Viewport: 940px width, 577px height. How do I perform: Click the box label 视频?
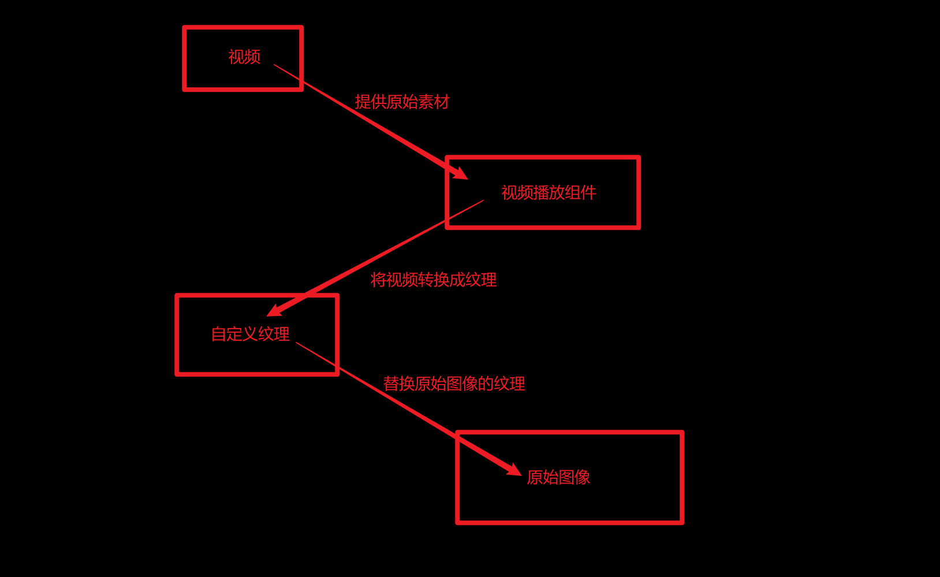pos(244,57)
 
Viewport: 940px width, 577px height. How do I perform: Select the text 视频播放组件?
pos(549,192)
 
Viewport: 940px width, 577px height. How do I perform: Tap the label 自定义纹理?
pos(250,334)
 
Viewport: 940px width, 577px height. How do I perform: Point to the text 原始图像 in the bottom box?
pos(558,477)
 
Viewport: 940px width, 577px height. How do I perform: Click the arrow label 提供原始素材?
pos(402,102)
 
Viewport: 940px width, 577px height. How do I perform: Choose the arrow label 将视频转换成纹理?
pos(433,280)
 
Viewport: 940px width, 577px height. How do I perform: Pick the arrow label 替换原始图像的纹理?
pos(454,384)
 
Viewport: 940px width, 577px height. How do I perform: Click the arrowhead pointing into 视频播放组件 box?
pos(461,173)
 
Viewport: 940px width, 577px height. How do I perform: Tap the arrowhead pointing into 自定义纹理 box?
pos(273,311)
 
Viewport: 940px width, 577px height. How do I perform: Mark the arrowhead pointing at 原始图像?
pos(514,470)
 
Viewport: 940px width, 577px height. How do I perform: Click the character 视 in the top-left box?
pos(236,57)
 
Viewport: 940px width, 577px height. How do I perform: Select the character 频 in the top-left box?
pos(252,57)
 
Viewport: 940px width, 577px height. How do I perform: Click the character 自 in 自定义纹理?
pos(219,334)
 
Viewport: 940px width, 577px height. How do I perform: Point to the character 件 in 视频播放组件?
pos(588,192)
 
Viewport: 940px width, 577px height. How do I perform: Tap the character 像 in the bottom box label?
pos(582,477)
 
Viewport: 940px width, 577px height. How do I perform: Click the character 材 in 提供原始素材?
pos(442,102)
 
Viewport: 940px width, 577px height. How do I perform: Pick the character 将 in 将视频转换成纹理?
pos(378,280)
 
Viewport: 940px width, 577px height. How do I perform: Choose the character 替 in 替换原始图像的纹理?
pos(391,384)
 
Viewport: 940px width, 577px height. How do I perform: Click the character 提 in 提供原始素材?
pos(363,102)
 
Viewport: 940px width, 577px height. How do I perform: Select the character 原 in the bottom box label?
pos(535,477)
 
